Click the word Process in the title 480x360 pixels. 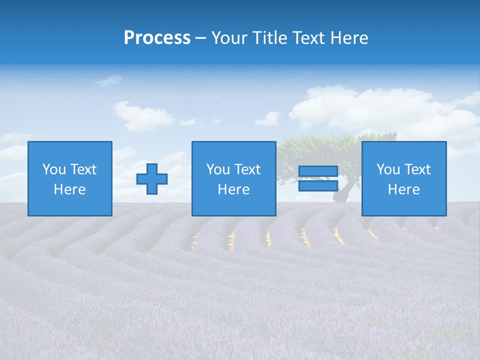(157, 38)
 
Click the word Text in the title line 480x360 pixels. (309, 38)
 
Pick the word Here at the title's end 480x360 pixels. (349, 38)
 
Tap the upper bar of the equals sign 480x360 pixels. (318, 171)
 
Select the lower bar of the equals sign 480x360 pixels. (318, 185)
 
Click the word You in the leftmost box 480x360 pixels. (54, 169)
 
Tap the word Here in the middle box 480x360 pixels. (233, 189)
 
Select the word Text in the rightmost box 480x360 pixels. (418, 169)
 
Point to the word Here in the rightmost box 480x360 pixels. (403, 189)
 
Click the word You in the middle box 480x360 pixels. (218, 169)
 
